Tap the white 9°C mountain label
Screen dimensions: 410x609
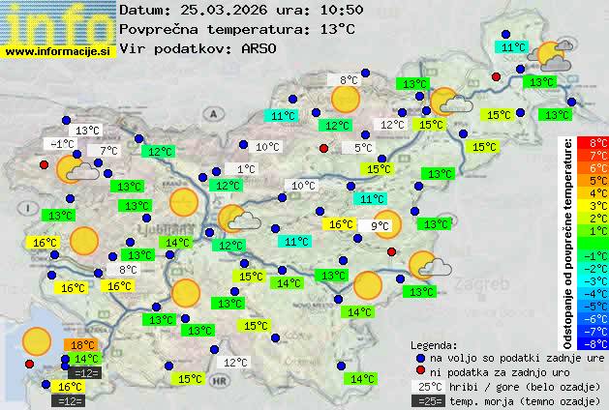tap(380, 226)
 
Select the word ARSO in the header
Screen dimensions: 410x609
tap(261, 48)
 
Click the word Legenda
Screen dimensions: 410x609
tap(434, 344)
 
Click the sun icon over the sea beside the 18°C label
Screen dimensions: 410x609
tap(37, 340)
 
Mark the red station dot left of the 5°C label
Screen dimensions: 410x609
tap(323, 148)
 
